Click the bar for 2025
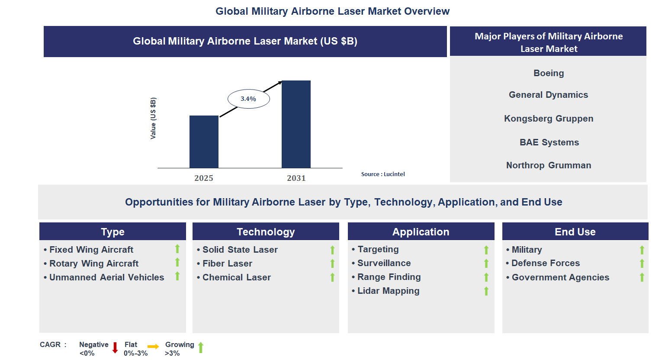[x=204, y=141]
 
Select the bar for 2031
[x=296, y=124]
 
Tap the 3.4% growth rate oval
[x=249, y=99]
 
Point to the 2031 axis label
[x=296, y=178]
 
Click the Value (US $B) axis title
[x=153, y=118]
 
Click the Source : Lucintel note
[x=383, y=174]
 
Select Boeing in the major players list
[x=549, y=73]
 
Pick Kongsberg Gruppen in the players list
[x=549, y=119]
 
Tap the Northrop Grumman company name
[x=549, y=165]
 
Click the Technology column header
[x=266, y=232]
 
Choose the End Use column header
[x=575, y=232]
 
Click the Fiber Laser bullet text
[x=227, y=264]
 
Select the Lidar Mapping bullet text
[x=388, y=291]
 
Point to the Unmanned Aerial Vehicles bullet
[x=106, y=277]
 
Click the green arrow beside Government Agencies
[x=642, y=277]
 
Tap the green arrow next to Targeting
[x=486, y=250]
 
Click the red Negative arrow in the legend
[x=115, y=348]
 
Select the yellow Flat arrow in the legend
[x=153, y=347]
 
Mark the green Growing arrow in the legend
[x=201, y=347]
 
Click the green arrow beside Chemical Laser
[x=332, y=277]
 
